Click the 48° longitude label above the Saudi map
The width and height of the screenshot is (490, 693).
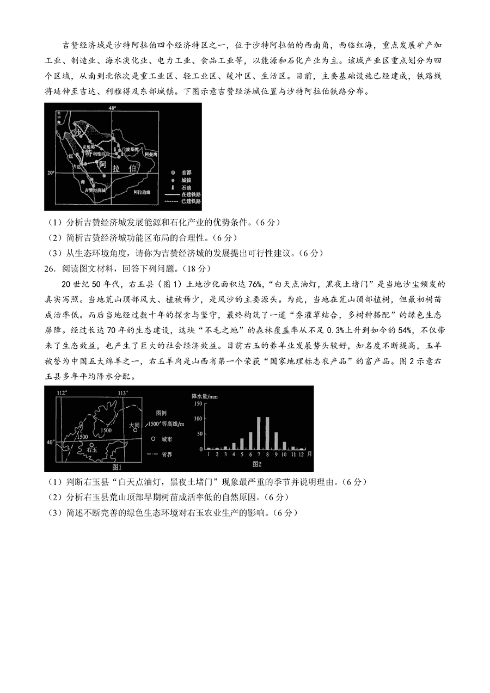(113, 108)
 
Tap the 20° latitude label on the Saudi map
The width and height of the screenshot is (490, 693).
(50, 173)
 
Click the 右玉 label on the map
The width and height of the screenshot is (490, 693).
(91, 450)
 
